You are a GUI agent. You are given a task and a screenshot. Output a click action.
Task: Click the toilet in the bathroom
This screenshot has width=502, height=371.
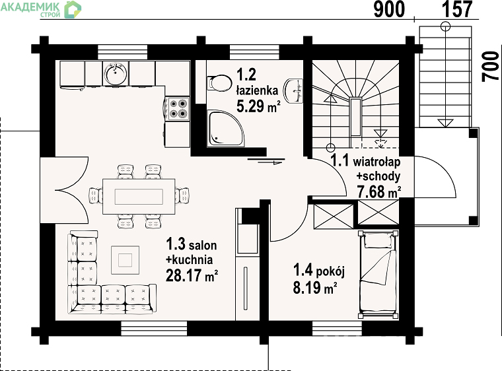(219, 84)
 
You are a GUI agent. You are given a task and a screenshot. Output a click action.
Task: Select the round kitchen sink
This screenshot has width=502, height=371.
(115, 74)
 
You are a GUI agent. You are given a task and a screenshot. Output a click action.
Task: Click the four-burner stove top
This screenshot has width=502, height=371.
(178, 108)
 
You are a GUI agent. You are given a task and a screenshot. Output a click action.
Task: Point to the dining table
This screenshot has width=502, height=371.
(139, 196)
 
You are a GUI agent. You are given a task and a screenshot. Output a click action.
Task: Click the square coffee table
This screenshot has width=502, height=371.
(126, 260)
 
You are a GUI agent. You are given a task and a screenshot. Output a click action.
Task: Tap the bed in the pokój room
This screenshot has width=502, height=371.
(378, 275)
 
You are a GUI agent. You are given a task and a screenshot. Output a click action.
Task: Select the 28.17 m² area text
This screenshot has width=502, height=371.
(192, 275)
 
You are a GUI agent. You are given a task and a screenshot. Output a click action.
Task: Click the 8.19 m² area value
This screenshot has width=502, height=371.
(314, 287)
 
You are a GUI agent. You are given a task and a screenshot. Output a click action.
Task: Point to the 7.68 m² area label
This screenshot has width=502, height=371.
(378, 192)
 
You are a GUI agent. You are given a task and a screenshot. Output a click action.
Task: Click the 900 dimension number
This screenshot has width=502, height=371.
(389, 9)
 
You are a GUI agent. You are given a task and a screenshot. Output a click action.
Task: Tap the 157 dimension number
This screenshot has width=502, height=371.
(457, 9)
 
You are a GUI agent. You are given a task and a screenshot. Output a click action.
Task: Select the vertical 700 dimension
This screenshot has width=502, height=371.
(491, 67)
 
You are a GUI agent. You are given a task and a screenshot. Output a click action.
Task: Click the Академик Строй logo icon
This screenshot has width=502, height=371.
(73, 9)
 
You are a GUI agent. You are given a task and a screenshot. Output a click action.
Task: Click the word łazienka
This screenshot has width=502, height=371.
(257, 90)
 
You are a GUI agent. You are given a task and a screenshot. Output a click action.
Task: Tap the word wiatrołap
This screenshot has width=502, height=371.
(377, 162)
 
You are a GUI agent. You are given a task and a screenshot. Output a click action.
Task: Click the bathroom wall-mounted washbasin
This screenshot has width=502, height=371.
(294, 91)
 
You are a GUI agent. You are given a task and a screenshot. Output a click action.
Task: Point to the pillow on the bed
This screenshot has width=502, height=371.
(378, 240)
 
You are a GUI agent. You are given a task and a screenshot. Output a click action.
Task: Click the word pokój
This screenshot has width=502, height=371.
(330, 272)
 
